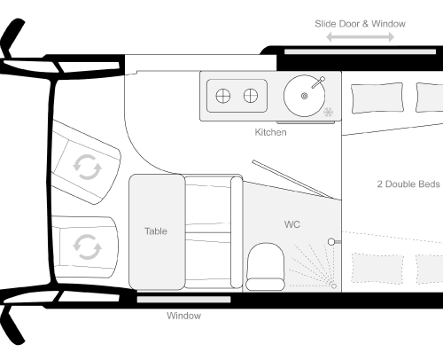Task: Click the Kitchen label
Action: click(270, 132)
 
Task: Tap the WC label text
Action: click(292, 224)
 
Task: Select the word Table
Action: click(156, 231)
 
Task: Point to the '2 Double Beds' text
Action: click(408, 184)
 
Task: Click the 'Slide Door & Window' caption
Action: click(360, 24)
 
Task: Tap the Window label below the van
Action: click(183, 316)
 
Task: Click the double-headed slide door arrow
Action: click(360, 37)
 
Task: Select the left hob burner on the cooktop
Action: click(223, 96)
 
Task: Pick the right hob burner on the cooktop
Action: click(251, 96)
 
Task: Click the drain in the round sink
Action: click(304, 96)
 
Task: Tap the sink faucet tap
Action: click(318, 82)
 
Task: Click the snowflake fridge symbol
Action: click(329, 113)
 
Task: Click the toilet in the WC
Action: click(266, 267)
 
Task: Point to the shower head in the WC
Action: click(331, 242)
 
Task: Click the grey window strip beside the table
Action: click(183, 300)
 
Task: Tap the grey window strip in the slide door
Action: click(360, 51)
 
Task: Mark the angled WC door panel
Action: click(292, 179)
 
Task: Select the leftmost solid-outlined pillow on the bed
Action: click(377, 98)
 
